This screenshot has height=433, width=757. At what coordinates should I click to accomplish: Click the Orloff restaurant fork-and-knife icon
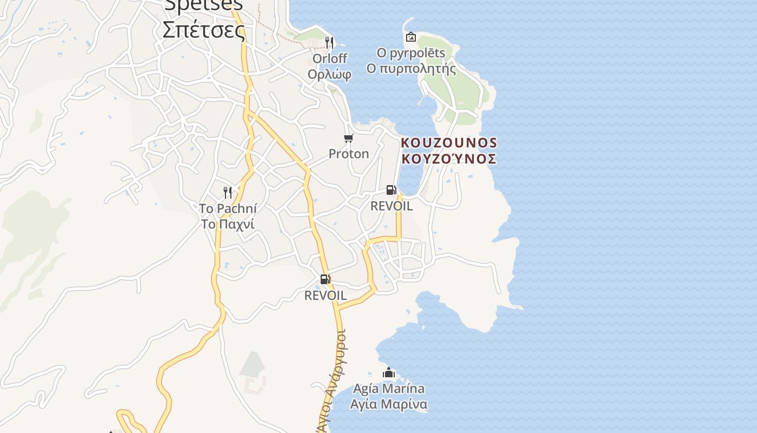click(329, 42)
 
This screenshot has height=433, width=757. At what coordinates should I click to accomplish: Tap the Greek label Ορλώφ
click(329, 74)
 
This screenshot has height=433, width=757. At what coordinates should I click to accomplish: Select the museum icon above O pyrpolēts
click(411, 37)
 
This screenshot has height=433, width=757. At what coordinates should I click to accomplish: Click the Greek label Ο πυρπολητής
click(411, 69)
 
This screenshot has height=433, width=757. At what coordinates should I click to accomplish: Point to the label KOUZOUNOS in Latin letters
click(449, 143)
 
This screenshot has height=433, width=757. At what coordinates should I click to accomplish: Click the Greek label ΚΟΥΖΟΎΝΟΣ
click(449, 159)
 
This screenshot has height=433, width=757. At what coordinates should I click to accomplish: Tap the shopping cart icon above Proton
click(349, 139)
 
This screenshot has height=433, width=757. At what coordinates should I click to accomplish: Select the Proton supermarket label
click(349, 154)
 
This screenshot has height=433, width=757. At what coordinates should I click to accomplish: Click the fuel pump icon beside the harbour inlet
click(391, 190)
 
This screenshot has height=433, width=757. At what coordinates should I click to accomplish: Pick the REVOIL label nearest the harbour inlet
click(391, 206)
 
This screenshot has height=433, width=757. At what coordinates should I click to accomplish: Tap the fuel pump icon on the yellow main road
click(325, 279)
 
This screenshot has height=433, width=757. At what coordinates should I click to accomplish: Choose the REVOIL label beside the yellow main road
click(325, 296)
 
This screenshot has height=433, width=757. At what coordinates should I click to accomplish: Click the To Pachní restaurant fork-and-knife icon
click(228, 192)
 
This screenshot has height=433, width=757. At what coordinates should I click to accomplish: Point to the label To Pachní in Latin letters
click(228, 208)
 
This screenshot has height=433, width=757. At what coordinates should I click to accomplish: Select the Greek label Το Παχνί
click(228, 224)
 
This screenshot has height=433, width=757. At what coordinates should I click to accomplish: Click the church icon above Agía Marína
click(388, 373)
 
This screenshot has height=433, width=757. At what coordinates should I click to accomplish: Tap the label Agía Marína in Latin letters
click(388, 389)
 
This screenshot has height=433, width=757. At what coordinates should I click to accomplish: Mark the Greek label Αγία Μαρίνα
click(388, 404)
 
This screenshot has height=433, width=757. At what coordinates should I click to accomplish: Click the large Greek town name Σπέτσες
click(204, 29)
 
